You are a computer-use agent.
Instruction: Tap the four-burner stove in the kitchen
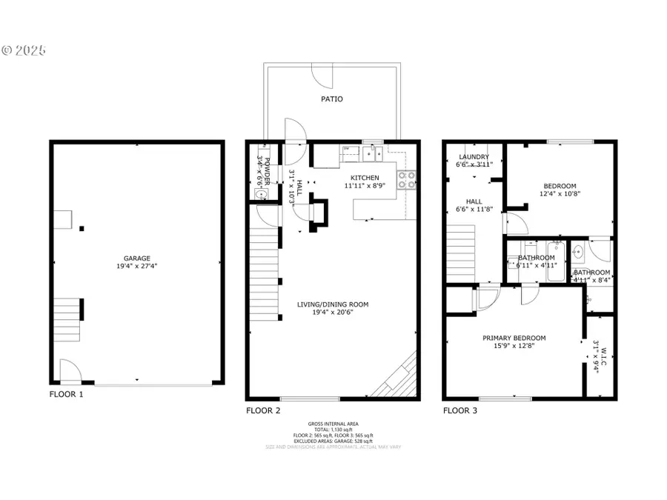click(x=406, y=180)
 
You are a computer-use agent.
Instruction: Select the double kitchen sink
click(x=373, y=154)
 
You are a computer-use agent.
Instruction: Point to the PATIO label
click(x=331, y=99)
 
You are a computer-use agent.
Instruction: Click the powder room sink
click(x=260, y=194)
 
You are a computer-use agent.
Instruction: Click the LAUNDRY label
click(x=474, y=157)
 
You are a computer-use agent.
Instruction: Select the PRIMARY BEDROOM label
click(x=514, y=338)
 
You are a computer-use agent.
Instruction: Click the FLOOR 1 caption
click(x=67, y=395)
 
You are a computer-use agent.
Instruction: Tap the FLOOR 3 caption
click(x=461, y=410)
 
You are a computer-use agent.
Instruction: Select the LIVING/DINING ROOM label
click(x=332, y=304)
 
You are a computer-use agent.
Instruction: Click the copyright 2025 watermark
click(x=24, y=51)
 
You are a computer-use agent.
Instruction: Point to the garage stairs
click(x=67, y=318)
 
